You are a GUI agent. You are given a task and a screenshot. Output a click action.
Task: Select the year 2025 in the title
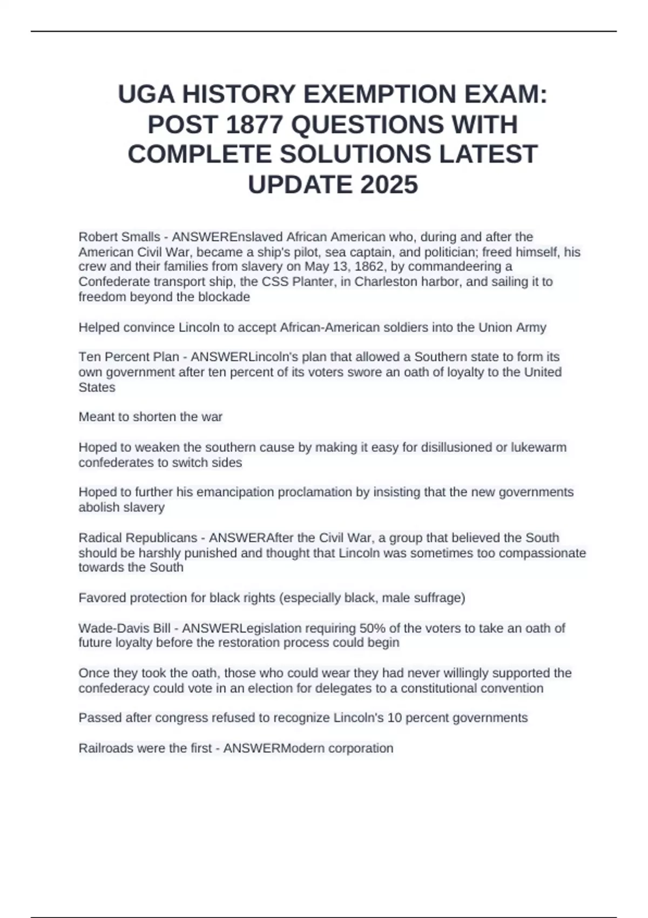389,185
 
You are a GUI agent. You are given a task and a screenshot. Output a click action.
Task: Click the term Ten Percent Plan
129,357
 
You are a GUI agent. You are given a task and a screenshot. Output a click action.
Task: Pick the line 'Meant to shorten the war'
150,417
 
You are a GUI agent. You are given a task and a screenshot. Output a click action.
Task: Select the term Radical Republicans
138,538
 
